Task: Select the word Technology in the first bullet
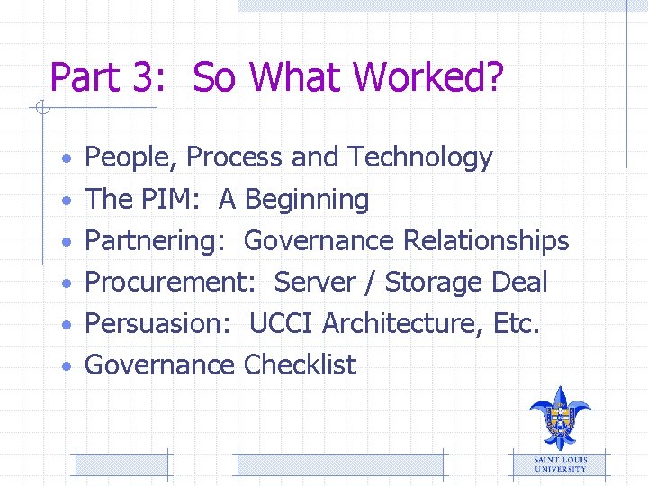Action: point(419,157)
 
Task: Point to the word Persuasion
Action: point(158,323)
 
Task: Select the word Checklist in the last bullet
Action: point(300,364)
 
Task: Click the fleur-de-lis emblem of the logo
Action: point(559,418)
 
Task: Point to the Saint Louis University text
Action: point(560,464)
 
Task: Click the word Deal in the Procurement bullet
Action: point(519,283)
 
